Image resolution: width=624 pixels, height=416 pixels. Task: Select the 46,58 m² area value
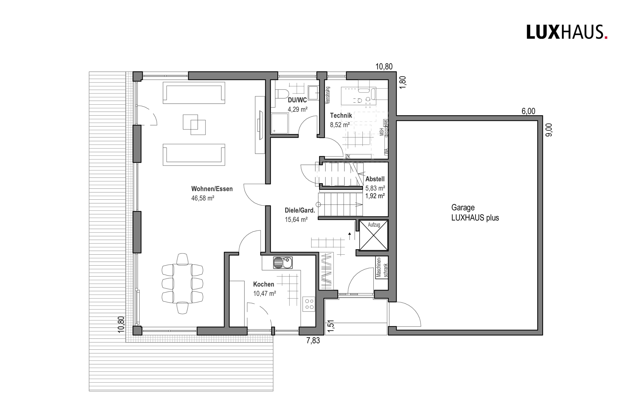pyautogui.click(x=203, y=198)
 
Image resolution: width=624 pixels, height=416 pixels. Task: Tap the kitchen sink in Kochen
pyautogui.click(x=283, y=263)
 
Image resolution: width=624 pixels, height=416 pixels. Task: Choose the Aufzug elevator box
pyautogui.click(x=373, y=235)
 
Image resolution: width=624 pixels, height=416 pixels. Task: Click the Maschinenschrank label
pyautogui.click(x=382, y=267)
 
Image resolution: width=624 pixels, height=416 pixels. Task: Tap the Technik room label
pyautogui.click(x=341, y=115)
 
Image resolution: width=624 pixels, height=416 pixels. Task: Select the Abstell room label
pyautogui.click(x=375, y=179)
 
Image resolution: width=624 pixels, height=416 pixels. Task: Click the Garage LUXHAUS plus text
pyautogui.click(x=475, y=213)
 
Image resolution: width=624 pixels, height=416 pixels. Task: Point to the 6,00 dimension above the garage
pyautogui.click(x=528, y=111)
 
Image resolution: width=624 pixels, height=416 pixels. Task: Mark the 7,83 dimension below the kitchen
pyautogui.click(x=313, y=340)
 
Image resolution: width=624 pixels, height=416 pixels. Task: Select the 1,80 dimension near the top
pyautogui.click(x=402, y=82)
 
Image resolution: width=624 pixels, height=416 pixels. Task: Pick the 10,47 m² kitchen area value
pyautogui.click(x=264, y=294)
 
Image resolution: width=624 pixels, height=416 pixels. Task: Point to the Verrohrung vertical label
pyautogui.click(x=328, y=95)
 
